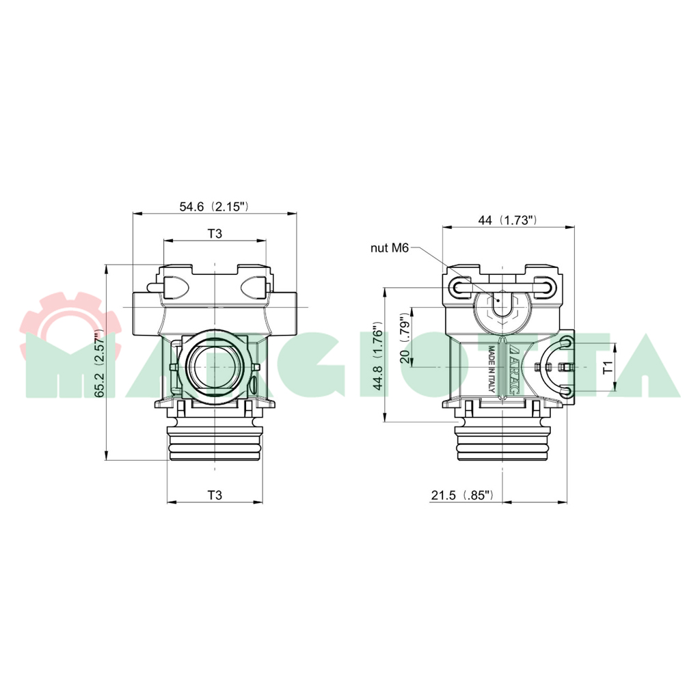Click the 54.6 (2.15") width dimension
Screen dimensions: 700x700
(x=214, y=206)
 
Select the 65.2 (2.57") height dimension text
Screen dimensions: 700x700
(x=99, y=363)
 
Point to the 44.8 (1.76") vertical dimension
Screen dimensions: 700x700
(x=378, y=355)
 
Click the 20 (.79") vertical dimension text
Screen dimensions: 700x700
(x=405, y=339)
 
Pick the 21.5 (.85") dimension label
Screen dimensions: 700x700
(x=463, y=495)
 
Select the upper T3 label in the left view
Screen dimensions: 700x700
(x=215, y=234)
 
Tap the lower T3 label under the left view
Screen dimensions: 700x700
(x=215, y=495)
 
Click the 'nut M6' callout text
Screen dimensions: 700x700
(x=389, y=248)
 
